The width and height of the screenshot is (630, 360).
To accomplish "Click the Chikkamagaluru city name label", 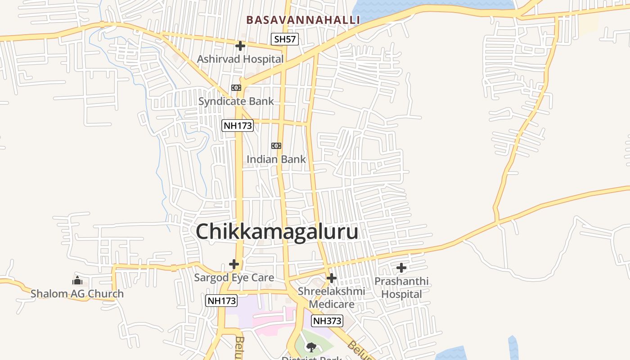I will pyautogui.click(x=277, y=232).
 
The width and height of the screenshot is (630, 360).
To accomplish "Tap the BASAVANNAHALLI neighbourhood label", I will pyautogui.click(x=303, y=20).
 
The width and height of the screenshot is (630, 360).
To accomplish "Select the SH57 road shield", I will pyautogui.click(x=285, y=39).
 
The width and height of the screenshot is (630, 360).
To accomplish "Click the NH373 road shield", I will pyautogui.click(x=327, y=321).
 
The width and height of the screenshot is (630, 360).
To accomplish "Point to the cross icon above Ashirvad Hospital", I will pyautogui.click(x=240, y=45).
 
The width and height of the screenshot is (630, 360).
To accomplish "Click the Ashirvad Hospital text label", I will pyautogui.click(x=240, y=59).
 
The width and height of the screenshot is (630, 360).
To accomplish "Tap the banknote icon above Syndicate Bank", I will pyautogui.click(x=236, y=87).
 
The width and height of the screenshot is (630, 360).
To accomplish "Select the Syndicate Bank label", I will pyautogui.click(x=236, y=101).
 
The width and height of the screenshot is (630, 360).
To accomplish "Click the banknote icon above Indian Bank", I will pyautogui.click(x=276, y=146).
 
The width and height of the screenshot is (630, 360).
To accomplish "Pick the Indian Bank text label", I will pyautogui.click(x=276, y=159).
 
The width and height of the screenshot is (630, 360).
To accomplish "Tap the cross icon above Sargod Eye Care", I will pyautogui.click(x=234, y=264).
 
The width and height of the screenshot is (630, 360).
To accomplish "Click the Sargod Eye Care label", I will pyautogui.click(x=234, y=278).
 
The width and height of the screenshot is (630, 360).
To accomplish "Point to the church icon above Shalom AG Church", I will pyautogui.click(x=77, y=281).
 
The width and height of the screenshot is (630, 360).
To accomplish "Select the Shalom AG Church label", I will pyautogui.click(x=77, y=294).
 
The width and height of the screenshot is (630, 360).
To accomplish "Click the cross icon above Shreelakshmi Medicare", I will pyautogui.click(x=332, y=278).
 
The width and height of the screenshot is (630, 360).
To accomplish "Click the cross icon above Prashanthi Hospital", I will pyautogui.click(x=401, y=268).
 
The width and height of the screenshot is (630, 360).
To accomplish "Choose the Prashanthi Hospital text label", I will pyautogui.click(x=401, y=288).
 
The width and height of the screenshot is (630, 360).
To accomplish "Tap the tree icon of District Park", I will pyautogui.click(x=310, y=347).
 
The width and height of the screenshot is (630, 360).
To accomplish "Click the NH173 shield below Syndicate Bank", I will pyautogui.click(x=238, y=126).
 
